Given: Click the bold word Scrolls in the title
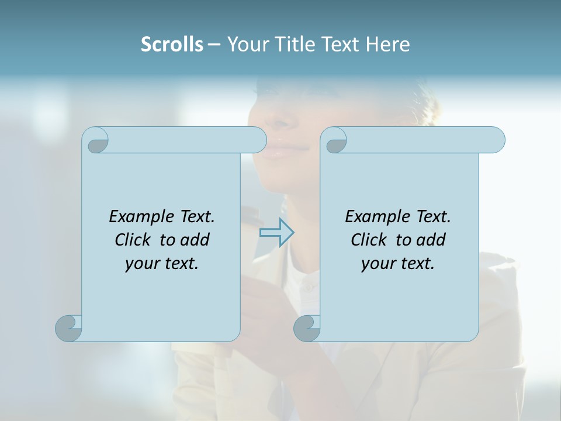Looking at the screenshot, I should (172, 44).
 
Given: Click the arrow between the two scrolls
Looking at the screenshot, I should (276, 233).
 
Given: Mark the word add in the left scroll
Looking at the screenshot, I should (196, 240).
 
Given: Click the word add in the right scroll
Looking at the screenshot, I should (432, 240).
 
